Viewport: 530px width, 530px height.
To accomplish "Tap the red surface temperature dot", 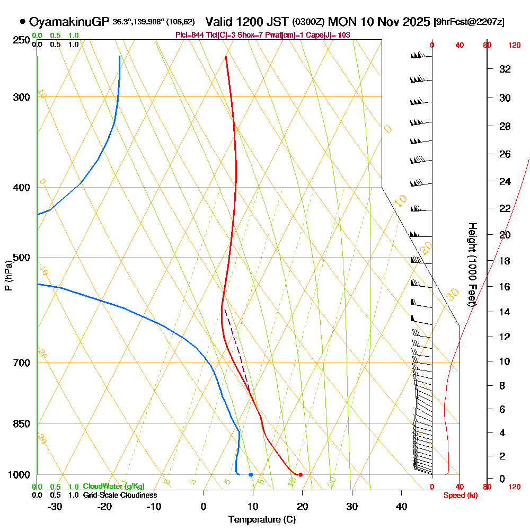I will tap(301, 474).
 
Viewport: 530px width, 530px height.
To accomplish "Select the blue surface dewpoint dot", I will tap(251, 474).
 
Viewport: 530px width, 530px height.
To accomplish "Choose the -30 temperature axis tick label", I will tap(55, 507).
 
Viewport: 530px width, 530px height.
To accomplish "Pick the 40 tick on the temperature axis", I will tap(402, 507).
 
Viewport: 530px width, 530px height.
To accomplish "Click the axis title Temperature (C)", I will tap(262, 520).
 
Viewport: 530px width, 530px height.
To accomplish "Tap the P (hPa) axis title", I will tap(8, 275).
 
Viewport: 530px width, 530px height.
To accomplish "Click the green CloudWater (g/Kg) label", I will tap(113, 487).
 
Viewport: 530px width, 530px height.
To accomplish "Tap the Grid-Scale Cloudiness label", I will tap(120, 495).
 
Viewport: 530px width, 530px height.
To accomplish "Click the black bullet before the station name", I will tap(23, 22).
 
